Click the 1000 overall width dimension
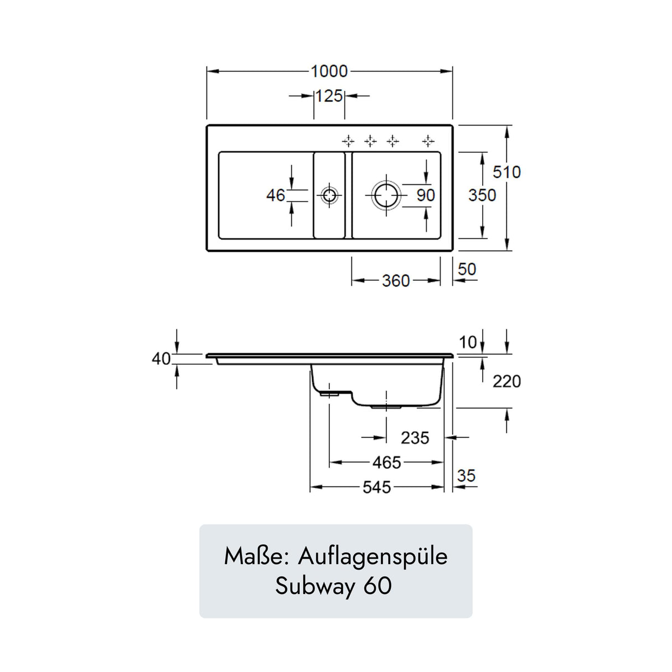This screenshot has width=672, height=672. pos(329,71)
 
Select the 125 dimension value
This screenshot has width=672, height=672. pos(329,96)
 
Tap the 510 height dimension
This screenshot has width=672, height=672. pos(506,172)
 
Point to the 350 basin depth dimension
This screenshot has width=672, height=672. pos(482,195)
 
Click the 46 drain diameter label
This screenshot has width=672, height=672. pos(276,195)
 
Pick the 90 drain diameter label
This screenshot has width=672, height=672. pos(426,195)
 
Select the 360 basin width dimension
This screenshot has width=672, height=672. pos(396,281)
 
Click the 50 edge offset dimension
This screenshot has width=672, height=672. pos(467,269)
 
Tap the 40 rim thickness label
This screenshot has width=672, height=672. pos(161,359)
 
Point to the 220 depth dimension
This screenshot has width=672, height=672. pos(506,381)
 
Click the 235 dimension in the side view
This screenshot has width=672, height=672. pos(415,438)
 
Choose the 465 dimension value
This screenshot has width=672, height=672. pos(386,462)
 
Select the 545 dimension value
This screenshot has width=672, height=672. pos(376,487)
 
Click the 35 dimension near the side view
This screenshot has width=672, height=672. pos(466,475)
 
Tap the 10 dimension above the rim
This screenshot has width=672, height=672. pos(468,342)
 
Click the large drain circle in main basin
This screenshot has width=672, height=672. pos(386,195)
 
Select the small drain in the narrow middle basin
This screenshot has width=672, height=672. pos(329,195)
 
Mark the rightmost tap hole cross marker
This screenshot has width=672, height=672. pos(428,141)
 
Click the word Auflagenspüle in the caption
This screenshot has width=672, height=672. pos(373,556)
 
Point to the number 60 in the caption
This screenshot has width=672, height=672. pos(378,586)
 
